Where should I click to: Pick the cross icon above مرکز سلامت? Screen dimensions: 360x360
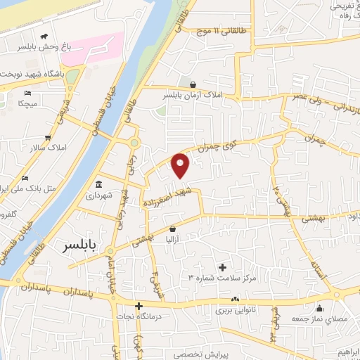pyautogui.click(x=223, y=267)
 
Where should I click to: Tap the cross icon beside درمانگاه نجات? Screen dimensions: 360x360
pyautogui.click(x=139, y=307)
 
